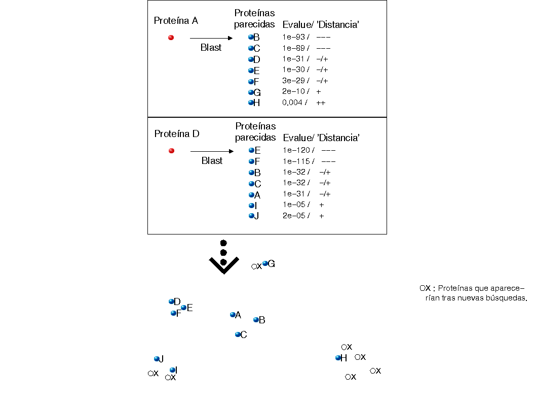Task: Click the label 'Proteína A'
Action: tap(176, 21)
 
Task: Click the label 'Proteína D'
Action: tap(177, 134)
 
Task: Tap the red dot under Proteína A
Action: tap(171, 38)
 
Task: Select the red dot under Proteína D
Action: tap(171, 151)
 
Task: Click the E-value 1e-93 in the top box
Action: tap(294, 37)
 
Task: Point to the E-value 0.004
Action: tap(292, 103)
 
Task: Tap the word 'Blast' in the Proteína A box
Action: tap(211, 48)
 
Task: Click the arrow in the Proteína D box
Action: tap(212, 151)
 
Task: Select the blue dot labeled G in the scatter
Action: tap(265, 263)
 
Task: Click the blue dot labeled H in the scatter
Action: tap(338, 358)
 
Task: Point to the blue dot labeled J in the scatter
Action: tap(157, 359)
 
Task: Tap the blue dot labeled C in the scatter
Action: tap(238, 334)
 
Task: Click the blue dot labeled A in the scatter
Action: tap(233, 315)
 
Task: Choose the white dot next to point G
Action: tap(254, 266)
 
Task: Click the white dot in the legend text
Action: tap(423, 288)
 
